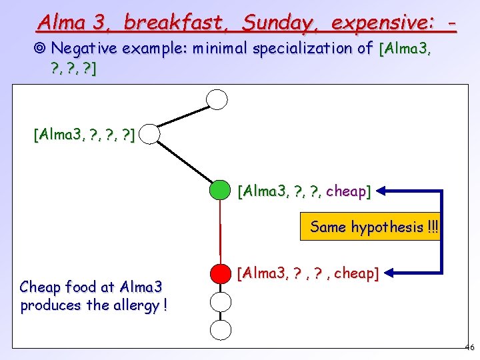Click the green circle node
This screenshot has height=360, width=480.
click(x=220, y=190)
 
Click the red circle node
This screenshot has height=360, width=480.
click(x=220, y=273)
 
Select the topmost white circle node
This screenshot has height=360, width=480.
click(x=217, y=99)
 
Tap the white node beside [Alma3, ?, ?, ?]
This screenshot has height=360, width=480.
click(x=151, y=135)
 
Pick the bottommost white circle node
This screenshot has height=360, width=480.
click(x=220, y=329)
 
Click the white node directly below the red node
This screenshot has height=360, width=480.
click(x=220, y=301)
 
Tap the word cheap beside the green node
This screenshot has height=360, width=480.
click(x=346, y=192)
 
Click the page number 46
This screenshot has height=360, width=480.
click(x=469, y=347)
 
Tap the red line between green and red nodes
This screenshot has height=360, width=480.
click(x=220, y=232)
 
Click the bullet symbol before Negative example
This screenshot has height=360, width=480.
click(x=41, y=48)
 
